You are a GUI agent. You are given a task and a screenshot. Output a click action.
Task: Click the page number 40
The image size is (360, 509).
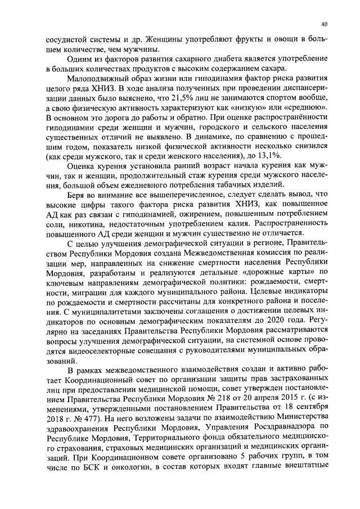325,24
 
